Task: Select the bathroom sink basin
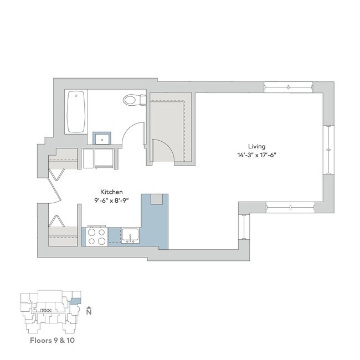(101, 138)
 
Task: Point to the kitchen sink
(131, 235)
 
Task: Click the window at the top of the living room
(288, 86)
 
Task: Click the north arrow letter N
(89, 312)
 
